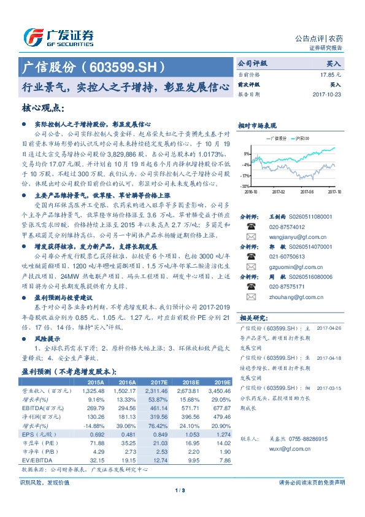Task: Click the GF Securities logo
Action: click(58, 37)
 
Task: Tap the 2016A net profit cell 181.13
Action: click(128, 416)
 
